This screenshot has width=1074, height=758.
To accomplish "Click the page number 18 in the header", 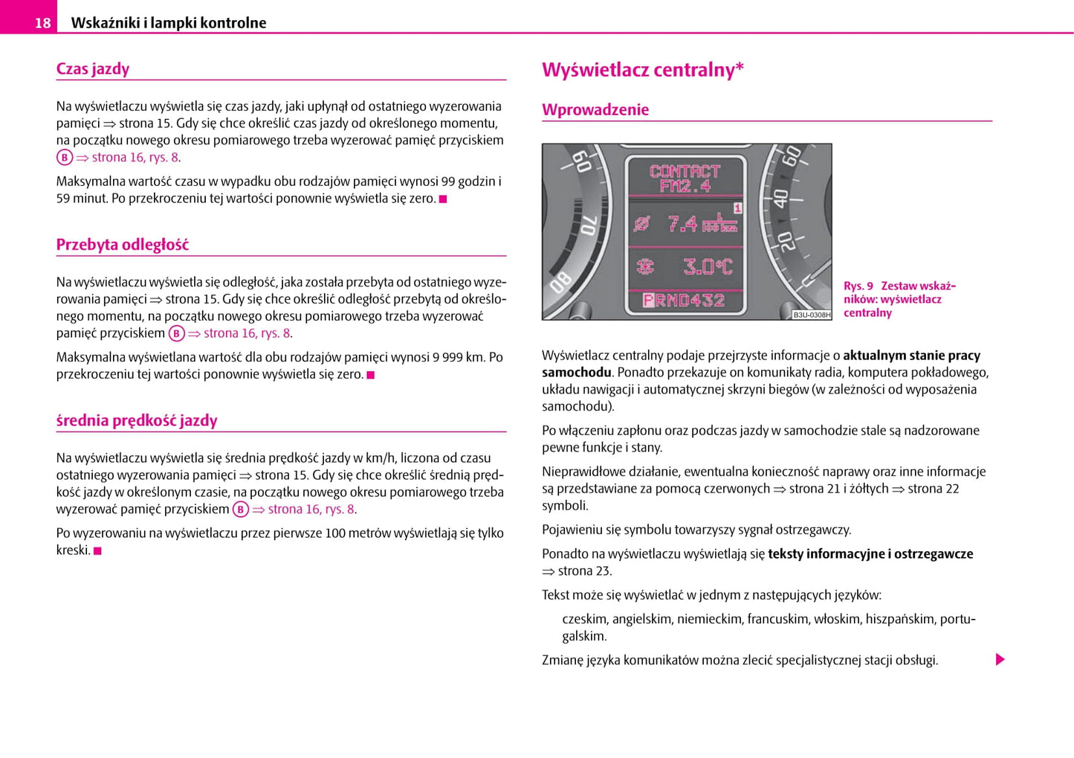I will point(42,23).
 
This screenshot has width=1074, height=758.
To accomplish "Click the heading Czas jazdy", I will point(93,69).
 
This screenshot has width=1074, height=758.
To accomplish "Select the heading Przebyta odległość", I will point(123,245).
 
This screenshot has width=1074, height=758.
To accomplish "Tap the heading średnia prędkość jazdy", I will point(137,420).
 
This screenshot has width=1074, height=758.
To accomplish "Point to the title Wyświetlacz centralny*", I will point(642,70).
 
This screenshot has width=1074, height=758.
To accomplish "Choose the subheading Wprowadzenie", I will point(595,110).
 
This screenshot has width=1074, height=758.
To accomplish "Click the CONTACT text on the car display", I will point(685,171).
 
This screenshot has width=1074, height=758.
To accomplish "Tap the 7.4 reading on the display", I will point(682,223).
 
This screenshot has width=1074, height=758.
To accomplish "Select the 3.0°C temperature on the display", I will point(707,266).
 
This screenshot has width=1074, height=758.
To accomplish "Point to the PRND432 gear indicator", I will point(684,301).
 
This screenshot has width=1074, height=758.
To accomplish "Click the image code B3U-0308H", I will point(812,315).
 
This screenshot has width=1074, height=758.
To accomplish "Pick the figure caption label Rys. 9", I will point(858,286).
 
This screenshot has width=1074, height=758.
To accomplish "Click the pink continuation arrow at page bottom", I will point(1000,660).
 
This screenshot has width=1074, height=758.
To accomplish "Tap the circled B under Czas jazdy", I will point(65,158).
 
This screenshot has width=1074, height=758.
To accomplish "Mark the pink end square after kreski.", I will point(97,551).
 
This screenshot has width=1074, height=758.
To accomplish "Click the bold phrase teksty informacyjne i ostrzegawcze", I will point(870,554).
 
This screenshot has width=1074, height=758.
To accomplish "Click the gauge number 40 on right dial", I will point(780,198).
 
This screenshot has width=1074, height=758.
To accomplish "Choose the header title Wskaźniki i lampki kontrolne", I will point(168,23).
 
